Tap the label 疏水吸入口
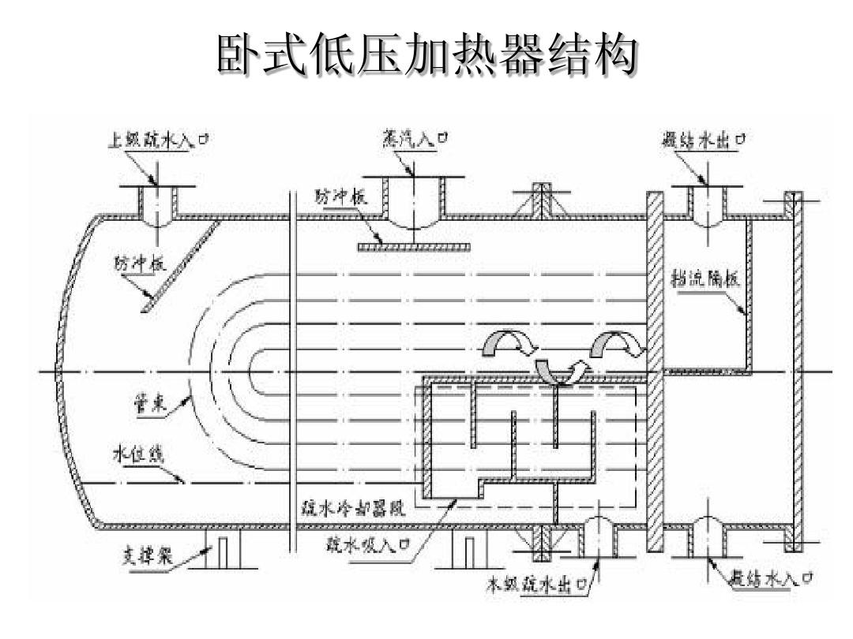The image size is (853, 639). (x=370, y=544)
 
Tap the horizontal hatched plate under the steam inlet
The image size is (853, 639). (x=414, y=247)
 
